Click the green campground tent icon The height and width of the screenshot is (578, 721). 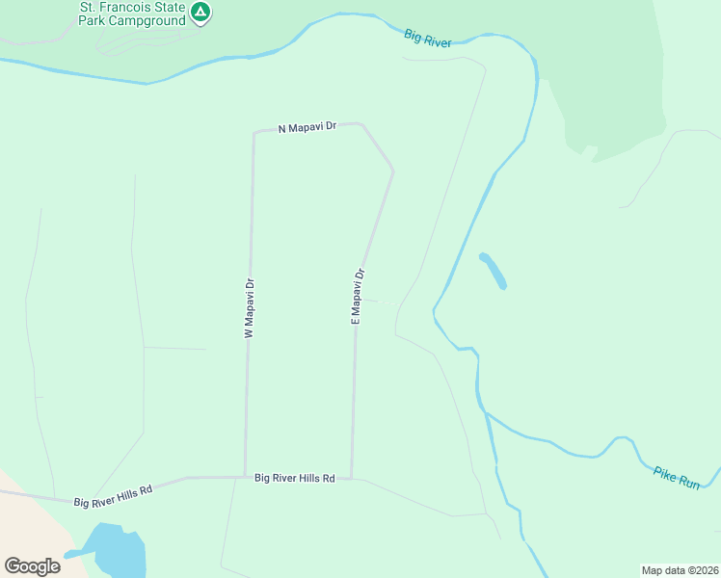click(x=200, y=13)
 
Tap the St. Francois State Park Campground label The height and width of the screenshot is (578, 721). click(x=134, y=13)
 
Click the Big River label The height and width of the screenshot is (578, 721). click(x=427, y=38)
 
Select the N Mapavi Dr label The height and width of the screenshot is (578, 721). click(x=307, y=127)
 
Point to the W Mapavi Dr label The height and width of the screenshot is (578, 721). click(x=249, y=308)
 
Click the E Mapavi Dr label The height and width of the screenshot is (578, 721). click(x=358, y=295)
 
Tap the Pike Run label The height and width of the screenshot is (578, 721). click(x=677, y=478)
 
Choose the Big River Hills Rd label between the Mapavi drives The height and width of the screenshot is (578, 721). click(x=295, y=478)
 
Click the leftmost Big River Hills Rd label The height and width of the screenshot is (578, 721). click(x=114, y=495)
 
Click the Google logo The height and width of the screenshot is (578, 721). click(x=33, y=565)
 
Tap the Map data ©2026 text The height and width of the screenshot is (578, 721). click(x=680, y=569)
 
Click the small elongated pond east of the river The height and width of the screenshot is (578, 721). click(x=493, y=271)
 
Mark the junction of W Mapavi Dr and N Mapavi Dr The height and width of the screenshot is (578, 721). click(x=254, y=133)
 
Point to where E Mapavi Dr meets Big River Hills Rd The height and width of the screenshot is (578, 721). click(x=352, y=478)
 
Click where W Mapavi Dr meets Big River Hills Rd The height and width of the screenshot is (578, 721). click(x=246, y=477)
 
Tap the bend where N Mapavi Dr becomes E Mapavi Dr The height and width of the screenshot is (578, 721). click(x=392, y=172)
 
